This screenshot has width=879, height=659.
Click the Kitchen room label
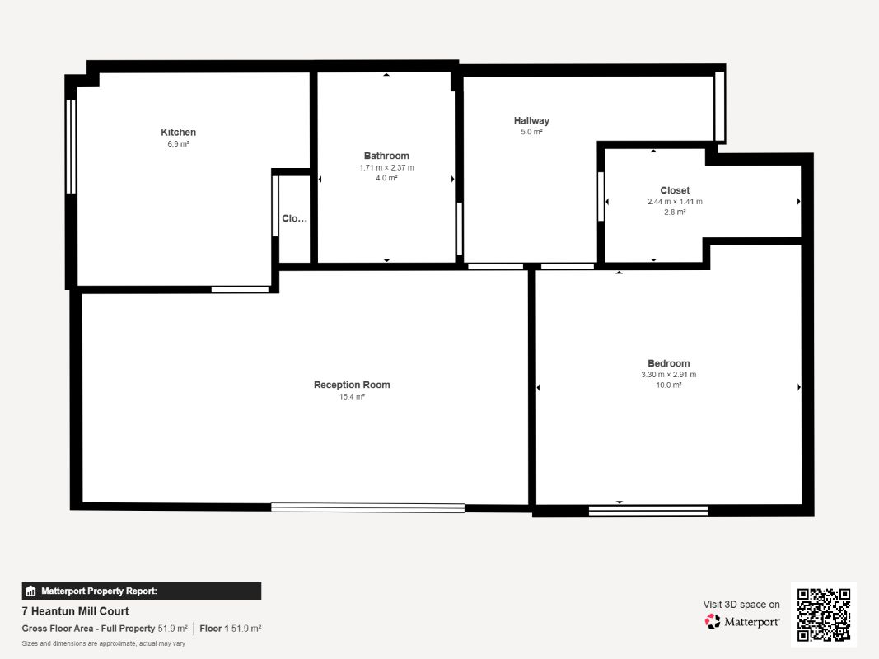click(178, 133)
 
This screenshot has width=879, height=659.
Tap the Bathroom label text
click(386, 156)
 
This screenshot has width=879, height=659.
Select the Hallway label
click(531, 120)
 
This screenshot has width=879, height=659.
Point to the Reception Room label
click(352, 385)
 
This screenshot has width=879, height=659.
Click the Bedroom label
click(669, 363)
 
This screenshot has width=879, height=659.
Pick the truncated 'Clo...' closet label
click(294, 218)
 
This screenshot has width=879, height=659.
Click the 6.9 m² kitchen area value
click(178, 144)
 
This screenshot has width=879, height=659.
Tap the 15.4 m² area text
click(352, 397)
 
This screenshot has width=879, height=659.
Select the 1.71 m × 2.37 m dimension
click(386, 167)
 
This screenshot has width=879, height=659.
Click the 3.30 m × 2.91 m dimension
click(669, 374)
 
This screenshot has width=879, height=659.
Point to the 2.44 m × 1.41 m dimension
click(675, 202)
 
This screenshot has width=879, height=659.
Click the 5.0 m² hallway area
click(531, 133)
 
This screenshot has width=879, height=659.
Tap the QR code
click(824, 615)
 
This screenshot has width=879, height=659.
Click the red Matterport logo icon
click(713, 621)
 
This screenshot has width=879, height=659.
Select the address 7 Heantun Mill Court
click(75, 611)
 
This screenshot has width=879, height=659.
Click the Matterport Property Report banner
click(141, 591)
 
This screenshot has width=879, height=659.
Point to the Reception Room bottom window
click(367, 508)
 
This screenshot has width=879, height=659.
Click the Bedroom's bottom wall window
click(648, 511)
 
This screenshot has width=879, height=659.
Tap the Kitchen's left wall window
click(71, 147)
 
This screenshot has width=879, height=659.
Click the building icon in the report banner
click(30, 591)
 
